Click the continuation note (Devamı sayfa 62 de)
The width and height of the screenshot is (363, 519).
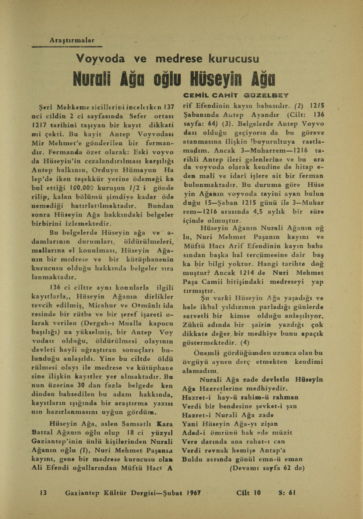pos(267,468)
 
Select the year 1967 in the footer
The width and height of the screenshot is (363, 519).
pos(196,493)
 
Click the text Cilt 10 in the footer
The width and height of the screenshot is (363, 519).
pos(249,493)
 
